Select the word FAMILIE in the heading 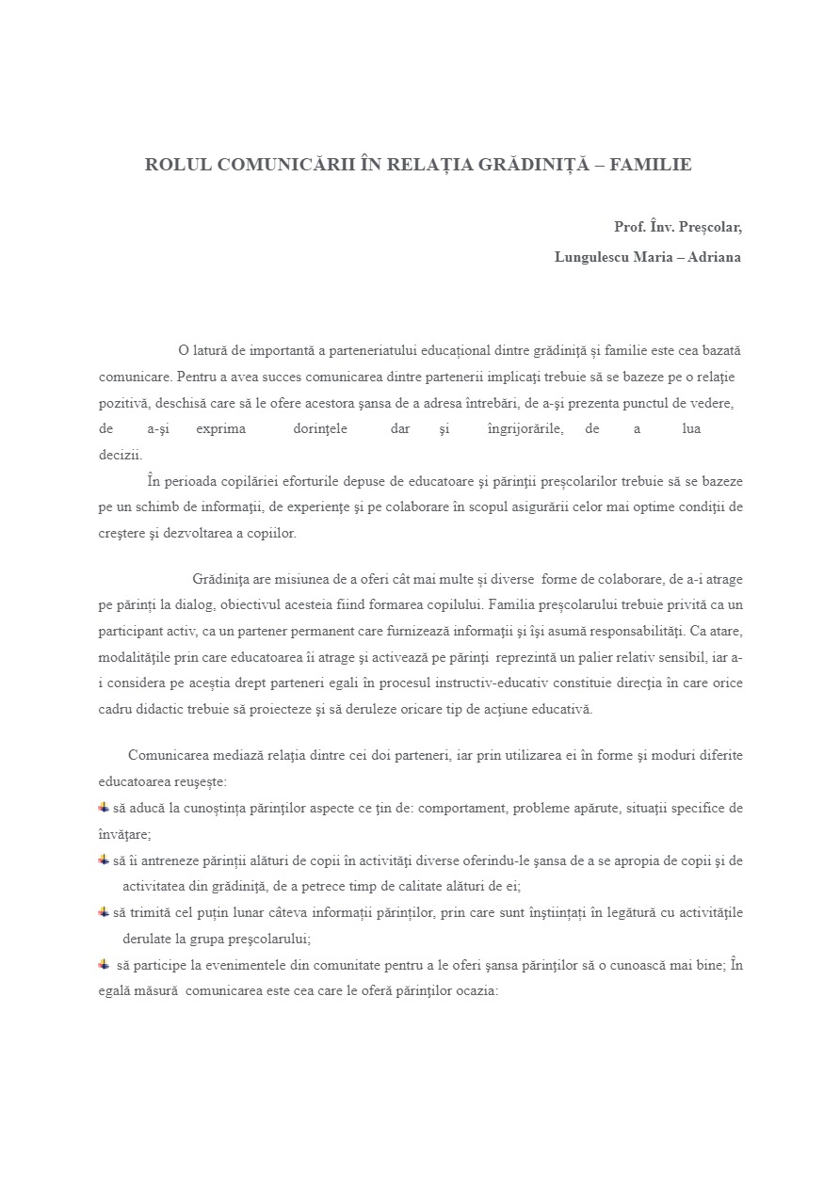tap(651, 165)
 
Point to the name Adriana tap(714, 257)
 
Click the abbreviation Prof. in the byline tap(630, 227)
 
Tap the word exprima tap(221, 429)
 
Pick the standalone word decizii tap(121, 455)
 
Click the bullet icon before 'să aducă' tap(104, 808)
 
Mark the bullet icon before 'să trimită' tap(104, 912)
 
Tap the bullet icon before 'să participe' tap(104, 965)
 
